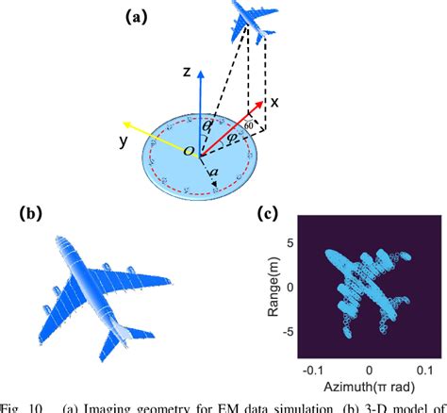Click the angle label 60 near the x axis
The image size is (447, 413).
point(249,125)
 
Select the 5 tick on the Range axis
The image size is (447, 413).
point(291,243)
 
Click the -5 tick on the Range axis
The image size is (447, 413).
point(289,331)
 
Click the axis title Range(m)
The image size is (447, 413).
point(273,288)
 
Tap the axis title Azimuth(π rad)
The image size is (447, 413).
point(369,388)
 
